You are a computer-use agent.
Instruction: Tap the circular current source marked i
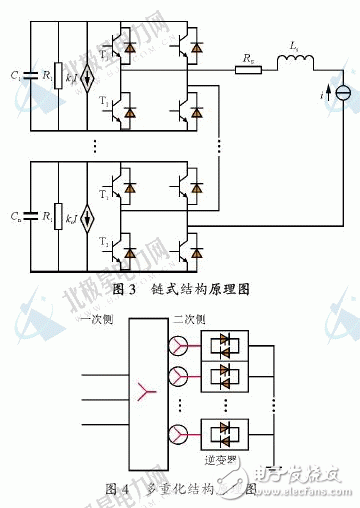tap(343, 93)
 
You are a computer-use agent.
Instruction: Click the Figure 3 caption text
tap(181, 288)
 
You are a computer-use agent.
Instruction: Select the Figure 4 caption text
tap(179, 488)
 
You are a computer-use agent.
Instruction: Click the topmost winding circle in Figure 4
tap(178, 346)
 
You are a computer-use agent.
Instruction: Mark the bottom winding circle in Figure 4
tap(178, 434)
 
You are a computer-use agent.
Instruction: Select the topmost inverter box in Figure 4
tap(227, 346)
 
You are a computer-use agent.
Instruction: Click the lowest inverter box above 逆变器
tap(227, 434)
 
